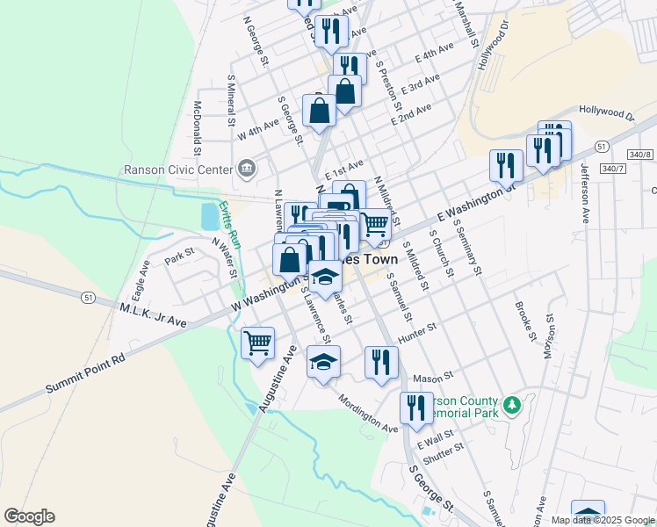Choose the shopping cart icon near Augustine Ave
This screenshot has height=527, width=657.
click(x=257, y=342)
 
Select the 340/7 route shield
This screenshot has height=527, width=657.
click(x=613, y=168)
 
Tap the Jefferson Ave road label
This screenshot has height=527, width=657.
click(x=584, y=197)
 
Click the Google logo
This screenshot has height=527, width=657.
click(x=29, y=516)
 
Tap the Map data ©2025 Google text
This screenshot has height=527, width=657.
click(x=603, y=520)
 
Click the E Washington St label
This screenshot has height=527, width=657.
click(x=473, y=201)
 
